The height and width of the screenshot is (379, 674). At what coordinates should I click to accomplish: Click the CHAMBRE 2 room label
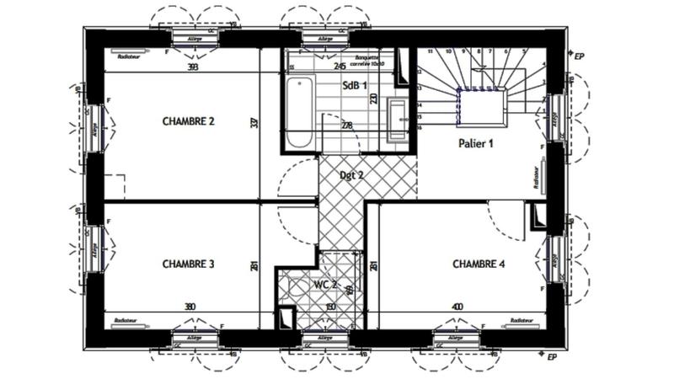[x=189, y=121]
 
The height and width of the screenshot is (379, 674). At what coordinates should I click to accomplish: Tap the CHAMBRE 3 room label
[x=188, y=264]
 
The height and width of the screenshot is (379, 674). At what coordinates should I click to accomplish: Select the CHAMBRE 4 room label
[x=479, y=264]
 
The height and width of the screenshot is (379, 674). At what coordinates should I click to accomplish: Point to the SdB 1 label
[x=355, y=85]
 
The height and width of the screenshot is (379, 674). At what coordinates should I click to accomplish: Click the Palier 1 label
[x=475, y=142]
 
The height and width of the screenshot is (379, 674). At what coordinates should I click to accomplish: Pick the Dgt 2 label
[x=351, y=175]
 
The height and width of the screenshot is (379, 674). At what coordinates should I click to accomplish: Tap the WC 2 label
[x=325, y=285]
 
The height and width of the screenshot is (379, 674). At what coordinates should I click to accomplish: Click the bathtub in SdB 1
[x=299, y=114]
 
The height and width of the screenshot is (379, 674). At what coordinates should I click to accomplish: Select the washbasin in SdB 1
[x=398, y=118]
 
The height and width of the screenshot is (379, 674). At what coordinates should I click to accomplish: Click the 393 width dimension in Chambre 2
[x=193, y=67]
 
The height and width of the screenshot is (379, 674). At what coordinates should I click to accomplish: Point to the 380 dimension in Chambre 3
[x=190, y=307]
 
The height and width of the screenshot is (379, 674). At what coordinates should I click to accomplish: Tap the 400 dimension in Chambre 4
[x=457, y=307]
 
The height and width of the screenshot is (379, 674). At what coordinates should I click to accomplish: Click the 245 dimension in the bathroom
[x=340, y=66]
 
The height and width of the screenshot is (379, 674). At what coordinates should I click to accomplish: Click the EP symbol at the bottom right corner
[x=553, y=357]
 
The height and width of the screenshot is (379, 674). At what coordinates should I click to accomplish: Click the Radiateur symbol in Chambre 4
[x=519, y=321]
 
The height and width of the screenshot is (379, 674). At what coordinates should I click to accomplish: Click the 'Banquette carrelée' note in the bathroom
[x=367, y=61]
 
